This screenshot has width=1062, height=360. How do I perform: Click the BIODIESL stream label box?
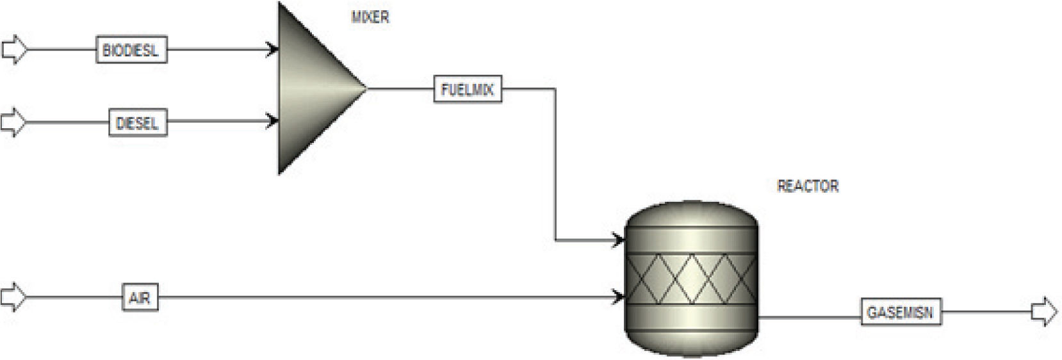click(131, 49)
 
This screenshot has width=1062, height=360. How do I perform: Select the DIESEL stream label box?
click(138, 122)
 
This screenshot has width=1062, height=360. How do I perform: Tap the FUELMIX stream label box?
click(468, 89)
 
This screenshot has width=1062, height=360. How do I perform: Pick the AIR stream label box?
click(140, 297)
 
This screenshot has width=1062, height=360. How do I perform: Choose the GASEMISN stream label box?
click(900, 313)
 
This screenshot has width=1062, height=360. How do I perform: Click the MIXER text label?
click(370, 17)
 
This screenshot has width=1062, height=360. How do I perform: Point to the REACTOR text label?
click(807, 186)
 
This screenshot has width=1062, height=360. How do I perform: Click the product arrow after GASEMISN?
click(1044, 312)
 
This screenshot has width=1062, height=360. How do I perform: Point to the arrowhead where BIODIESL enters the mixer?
click(274, 49)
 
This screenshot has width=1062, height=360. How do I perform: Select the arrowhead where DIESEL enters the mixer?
click(274, 120)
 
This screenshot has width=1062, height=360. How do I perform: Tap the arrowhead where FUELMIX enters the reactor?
click(619, 241)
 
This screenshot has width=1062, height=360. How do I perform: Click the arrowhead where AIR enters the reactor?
click(619, 297)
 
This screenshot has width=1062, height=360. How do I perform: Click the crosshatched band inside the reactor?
click(691, 279)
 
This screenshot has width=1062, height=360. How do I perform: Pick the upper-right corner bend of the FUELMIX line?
click(555, 89)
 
